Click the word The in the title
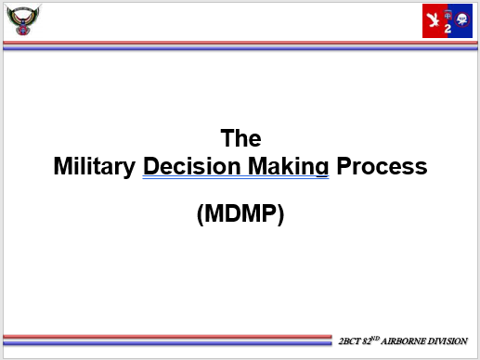(240, 139)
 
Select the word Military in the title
(95, 167)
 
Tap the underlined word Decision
(188, 167)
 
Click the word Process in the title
(382, 167)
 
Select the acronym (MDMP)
(240, 213)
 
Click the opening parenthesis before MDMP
(201, 213)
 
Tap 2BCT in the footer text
(351, 341)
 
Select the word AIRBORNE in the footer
(406, 341)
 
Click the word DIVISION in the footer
(448, 341)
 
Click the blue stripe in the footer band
(167, 338)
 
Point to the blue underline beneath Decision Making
(236, 178)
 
